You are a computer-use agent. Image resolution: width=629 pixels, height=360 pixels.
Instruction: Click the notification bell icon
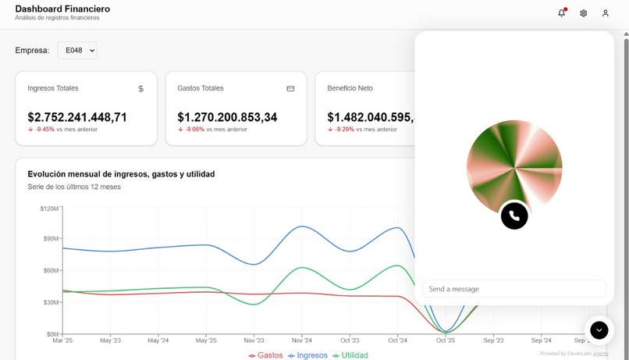tap(561, 13)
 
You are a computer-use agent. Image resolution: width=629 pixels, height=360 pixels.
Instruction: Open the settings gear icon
tap(583, 13)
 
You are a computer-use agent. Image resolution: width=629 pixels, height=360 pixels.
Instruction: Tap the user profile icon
tap(605, 13)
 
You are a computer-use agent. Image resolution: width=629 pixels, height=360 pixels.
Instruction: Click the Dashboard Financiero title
tap(62, 9)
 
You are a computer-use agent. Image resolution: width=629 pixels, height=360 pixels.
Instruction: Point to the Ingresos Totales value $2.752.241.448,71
tap(77, 117)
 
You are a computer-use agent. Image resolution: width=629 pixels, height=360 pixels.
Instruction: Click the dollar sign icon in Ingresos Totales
tap(140, 89)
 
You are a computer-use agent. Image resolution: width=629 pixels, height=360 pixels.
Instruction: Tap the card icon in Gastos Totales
tap(290, 89)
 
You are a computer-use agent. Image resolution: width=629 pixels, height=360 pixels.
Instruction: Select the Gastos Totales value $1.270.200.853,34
tap(227, 117)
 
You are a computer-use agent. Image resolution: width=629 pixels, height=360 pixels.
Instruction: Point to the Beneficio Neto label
tap(350, 88)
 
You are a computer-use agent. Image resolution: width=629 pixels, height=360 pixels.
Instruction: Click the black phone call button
tap(514, 216)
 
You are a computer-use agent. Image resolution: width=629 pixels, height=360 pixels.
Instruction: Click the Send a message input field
tap(514, 289)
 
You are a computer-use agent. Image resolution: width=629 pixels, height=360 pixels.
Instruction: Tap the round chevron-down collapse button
tap(599, 330)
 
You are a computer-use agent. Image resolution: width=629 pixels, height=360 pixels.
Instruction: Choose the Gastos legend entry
tap(265, 355)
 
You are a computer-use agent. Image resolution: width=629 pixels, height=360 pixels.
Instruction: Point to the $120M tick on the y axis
tap(48, 209)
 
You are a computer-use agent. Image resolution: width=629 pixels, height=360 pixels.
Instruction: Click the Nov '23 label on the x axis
tap(254, 340)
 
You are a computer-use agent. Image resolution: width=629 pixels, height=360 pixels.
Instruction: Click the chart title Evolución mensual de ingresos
tap(121, 174)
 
